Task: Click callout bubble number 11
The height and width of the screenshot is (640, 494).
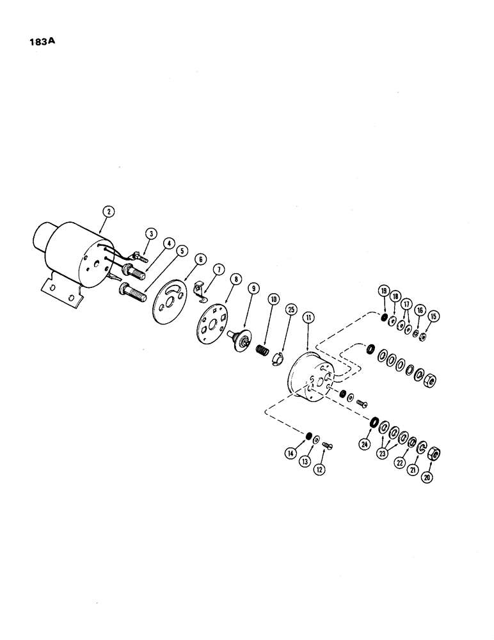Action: [x=308, y=317]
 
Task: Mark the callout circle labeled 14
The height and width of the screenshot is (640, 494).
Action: [x=291, y=452]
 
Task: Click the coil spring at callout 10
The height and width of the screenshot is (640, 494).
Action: [x=261, y=351]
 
